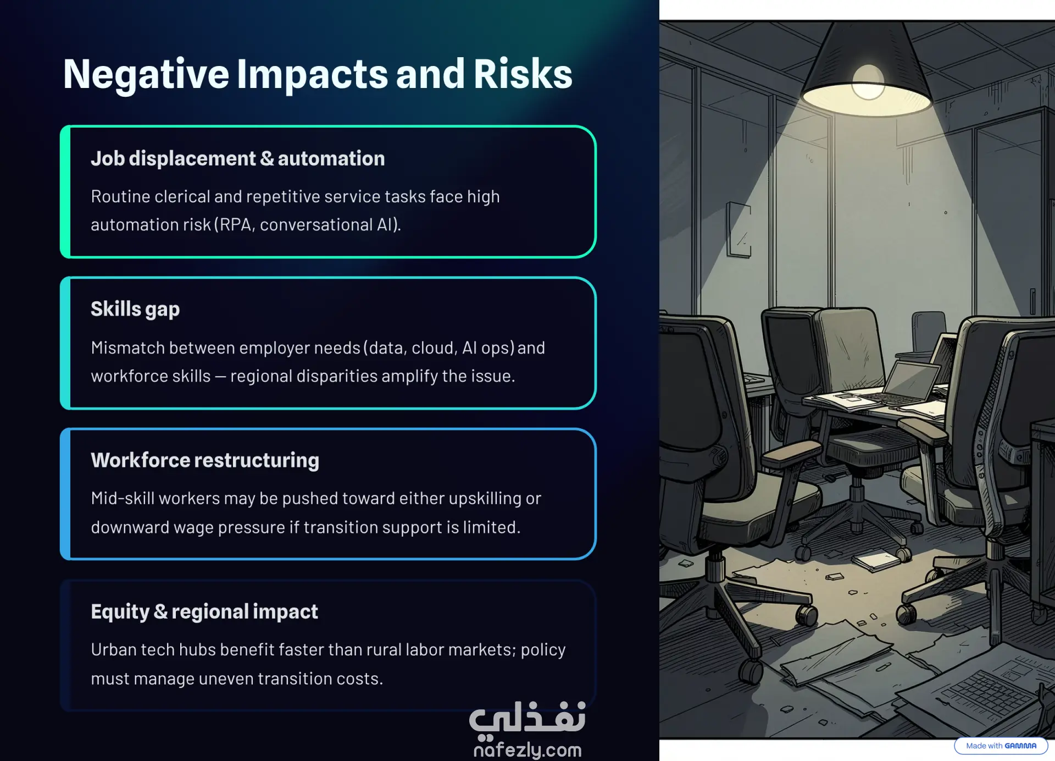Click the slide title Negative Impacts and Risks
(x=318, y=74)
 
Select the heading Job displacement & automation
(x=238, y=159)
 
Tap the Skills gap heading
(x=135, y=310)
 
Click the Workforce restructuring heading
(x=205, y=460)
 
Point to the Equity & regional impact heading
(x=204, y=612)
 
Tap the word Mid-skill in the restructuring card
(x=120, y=498)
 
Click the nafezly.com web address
(x=527, y=750)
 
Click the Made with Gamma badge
(x=1001, y=746)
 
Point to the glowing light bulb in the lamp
(x=868, y=82)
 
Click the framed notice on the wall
(x=739, y=229)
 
